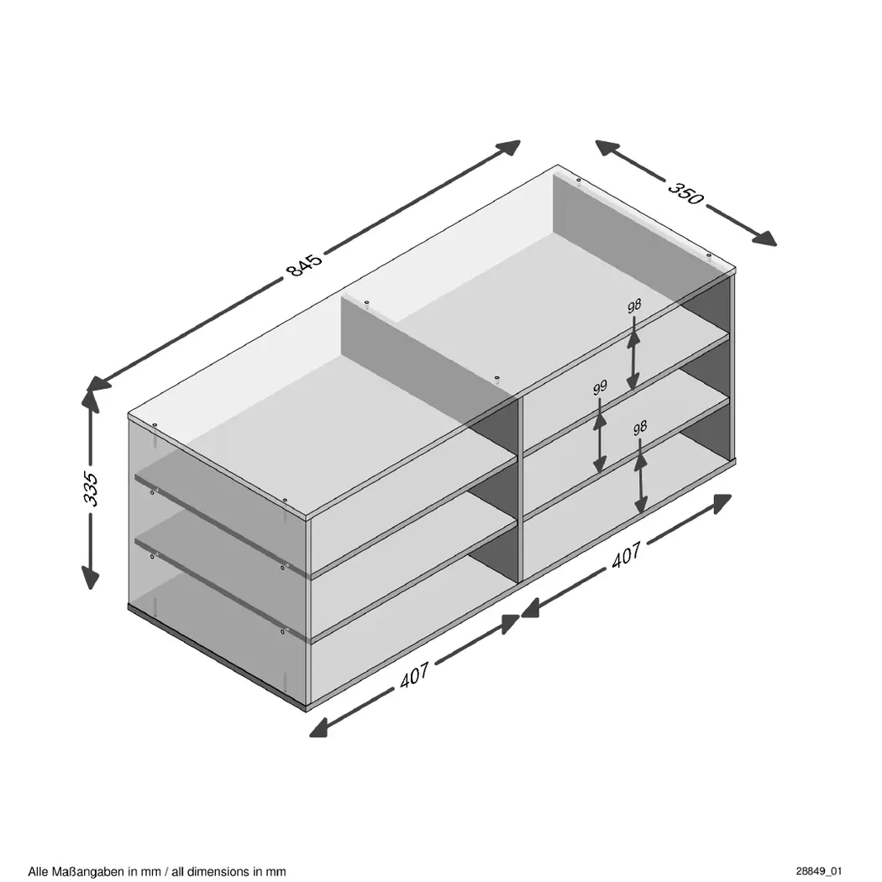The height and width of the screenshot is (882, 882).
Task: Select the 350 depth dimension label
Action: pos(685,193)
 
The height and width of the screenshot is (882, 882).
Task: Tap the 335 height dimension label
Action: pos(91,489)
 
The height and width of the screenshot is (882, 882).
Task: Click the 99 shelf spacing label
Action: pos(601,387)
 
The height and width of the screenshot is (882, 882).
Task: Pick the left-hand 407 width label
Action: pos(415,675)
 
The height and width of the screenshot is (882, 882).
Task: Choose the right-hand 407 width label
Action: pos(626,554)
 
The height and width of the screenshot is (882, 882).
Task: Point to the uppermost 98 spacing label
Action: pos(634,307)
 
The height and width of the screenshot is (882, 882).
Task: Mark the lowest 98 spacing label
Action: pos(639,428)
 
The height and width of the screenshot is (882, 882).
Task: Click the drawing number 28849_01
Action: pos(818,871)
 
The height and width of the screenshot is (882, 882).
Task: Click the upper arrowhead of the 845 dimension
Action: pos(508,147)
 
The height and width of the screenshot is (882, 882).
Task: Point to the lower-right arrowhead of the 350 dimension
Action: pos(764,239)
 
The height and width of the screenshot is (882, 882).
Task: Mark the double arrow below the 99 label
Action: pos(601,436)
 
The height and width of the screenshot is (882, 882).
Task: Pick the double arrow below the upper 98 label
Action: pos(634,354)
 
